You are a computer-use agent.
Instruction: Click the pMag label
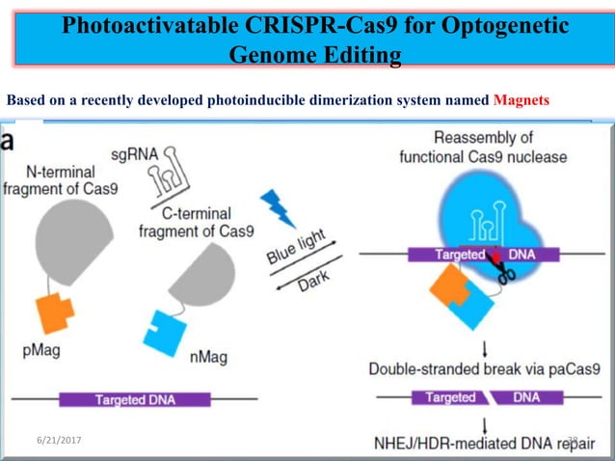point(40,350)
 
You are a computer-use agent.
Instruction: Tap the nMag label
point(208,358)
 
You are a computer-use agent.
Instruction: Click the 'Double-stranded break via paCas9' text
point(491,367)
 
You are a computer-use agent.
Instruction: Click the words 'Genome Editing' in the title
point(314,57)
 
